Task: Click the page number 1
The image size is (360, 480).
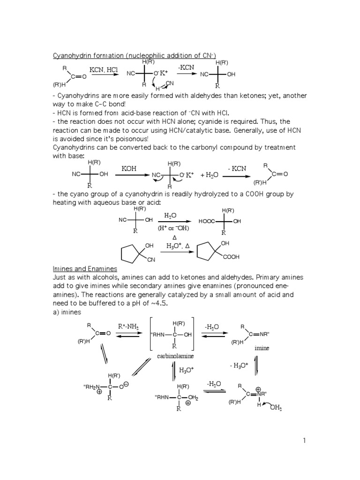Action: (304, 440)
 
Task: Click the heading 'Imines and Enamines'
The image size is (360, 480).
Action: (84, 269)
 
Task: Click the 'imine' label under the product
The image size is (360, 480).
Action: (262, 349)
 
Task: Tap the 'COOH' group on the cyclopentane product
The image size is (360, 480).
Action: (231, 257)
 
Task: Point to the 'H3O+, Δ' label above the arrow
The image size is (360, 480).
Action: (178, 246)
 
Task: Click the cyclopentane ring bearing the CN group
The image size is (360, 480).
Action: (131, 253)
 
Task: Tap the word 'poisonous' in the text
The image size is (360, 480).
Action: (135, 139)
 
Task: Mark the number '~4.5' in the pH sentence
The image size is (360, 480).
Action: (158, 303)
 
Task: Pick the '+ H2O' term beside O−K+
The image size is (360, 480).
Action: (209, 175)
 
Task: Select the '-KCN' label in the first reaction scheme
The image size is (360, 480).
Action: (186, 68)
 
